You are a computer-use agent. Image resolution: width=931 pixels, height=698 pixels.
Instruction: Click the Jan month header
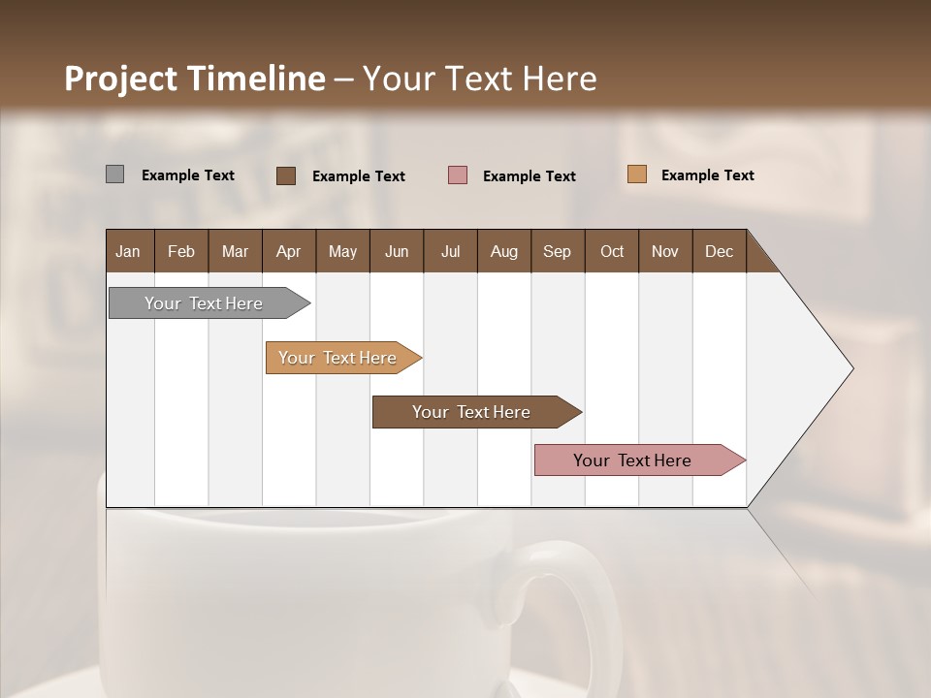click(128, 251)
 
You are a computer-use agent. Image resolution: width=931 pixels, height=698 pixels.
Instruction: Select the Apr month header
click(288, 251)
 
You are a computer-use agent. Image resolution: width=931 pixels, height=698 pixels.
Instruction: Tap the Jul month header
click(450, 251)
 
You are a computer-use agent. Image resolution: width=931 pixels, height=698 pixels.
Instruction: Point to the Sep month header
click(557, 251)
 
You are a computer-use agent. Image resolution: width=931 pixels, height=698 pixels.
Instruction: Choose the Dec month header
click(719, 251)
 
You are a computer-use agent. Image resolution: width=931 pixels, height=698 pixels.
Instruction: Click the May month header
click(342, 251)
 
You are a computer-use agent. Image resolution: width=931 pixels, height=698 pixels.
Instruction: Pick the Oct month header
click(612, 251)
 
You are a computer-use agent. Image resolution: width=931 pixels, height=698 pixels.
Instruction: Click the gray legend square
click(114, 174)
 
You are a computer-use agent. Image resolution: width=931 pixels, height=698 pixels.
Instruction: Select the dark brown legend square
click(286, 175)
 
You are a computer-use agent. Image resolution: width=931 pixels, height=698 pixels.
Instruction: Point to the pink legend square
click(458, 175)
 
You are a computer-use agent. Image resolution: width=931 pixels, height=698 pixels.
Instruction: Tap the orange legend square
click(636, 174)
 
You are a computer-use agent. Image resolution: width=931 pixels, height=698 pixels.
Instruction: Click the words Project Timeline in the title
click(194, 79)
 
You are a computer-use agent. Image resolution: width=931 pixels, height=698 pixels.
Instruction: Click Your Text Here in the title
click(479, 79)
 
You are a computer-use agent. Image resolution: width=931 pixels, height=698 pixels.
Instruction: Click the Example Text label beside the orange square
click(707, 175)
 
